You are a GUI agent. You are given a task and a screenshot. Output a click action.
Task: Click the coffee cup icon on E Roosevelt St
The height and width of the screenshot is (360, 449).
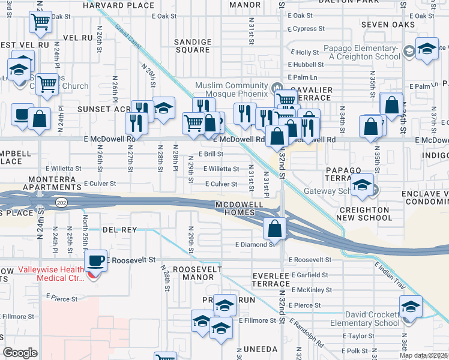point(96,261)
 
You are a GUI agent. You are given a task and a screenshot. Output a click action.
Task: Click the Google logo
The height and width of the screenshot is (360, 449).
point(20,352)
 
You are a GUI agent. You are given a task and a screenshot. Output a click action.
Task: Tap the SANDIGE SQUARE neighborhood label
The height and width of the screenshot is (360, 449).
point(193,46)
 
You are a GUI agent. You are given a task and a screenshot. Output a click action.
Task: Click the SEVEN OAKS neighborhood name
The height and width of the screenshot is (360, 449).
point(388,25)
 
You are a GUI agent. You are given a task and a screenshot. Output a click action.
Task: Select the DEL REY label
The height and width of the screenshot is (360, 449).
point(119,230)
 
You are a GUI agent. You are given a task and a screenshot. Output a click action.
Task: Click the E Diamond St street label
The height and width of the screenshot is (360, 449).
point(255,244)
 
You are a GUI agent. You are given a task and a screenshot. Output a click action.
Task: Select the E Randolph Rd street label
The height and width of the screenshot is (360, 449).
point(306,333)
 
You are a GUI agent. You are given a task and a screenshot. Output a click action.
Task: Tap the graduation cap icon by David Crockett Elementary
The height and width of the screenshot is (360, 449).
point(411,307)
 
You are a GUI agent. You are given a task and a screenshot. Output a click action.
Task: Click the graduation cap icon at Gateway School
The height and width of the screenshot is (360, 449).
point(363,185)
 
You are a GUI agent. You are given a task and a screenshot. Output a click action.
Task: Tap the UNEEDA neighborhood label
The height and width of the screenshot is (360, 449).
point(260,349)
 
